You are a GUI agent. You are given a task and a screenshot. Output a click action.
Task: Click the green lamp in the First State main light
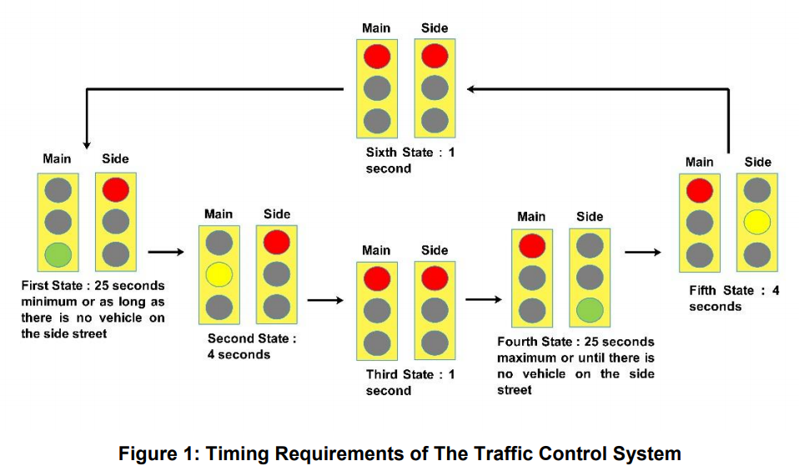coord(58,254)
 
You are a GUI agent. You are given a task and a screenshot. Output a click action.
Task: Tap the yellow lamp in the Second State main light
coord(219,274)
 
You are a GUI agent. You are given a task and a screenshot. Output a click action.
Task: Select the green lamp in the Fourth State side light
coord(590,309)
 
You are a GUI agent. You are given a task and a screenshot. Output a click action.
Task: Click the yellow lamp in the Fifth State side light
coord(756,221)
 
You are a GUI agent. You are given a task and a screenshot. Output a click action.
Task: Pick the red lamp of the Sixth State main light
coord(376,56)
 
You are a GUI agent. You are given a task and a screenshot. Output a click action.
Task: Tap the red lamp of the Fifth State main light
coord(699,191)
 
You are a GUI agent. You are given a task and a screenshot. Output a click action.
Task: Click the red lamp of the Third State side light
coord(435,278)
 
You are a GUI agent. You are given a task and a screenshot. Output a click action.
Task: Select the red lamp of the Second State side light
coord(277,242)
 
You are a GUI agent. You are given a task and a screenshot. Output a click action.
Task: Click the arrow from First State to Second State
coord(165,249)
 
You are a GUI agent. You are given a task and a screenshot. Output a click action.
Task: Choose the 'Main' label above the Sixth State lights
coord(376,28)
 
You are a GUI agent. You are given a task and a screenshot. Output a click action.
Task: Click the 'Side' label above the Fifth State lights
coord(757,162)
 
